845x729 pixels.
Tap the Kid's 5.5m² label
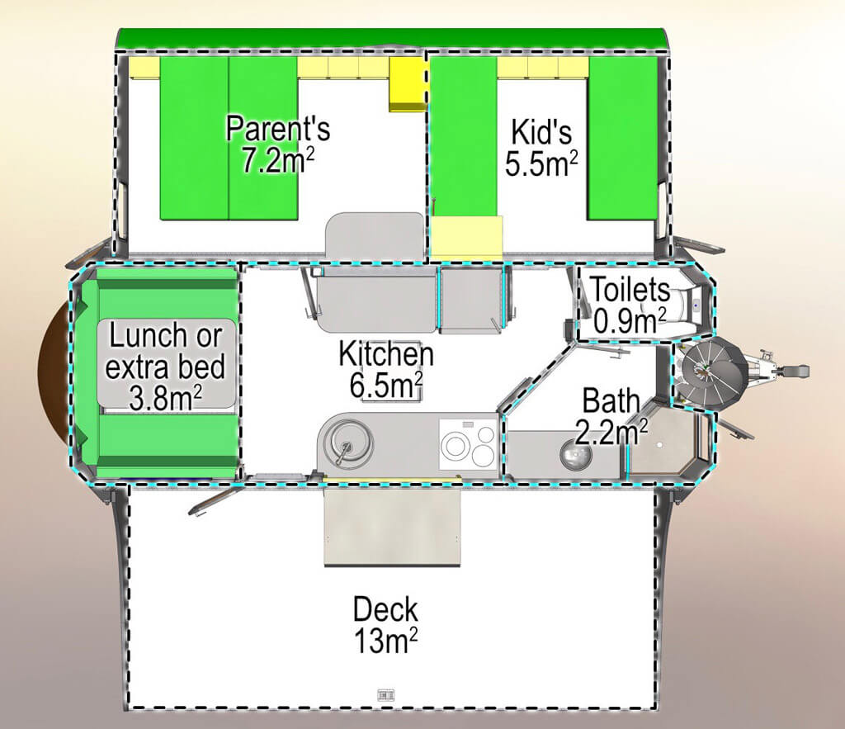[x=541, y=147]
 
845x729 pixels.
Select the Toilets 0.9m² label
[x=628, y=305]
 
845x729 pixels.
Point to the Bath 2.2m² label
[x=611, y=417]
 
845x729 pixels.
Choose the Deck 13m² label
[x=385, y=625]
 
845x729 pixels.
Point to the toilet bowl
[x=683, y=306]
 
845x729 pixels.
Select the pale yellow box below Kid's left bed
[x=467, y=236]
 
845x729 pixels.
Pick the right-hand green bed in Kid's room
[x=623, y=138]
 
